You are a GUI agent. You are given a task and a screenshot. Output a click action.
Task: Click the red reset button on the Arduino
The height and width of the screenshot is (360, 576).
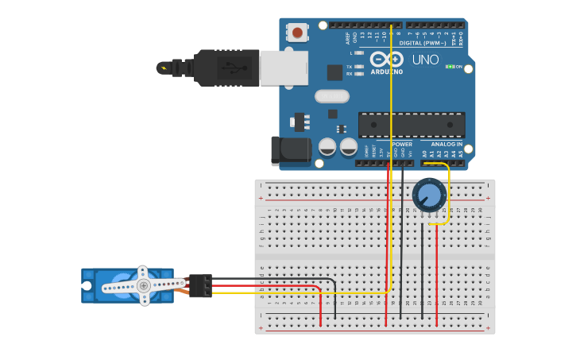pyautogui.click(x=297, y=33)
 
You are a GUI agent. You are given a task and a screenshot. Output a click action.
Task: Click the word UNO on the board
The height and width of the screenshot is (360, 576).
pyautogui.click(x=425, y=60)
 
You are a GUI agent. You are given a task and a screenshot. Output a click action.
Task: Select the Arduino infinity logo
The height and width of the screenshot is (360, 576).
pyautogui.click(x=387, y=60)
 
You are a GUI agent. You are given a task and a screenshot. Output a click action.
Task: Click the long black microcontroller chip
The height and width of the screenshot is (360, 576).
pyautogui.click(x=412, y=125)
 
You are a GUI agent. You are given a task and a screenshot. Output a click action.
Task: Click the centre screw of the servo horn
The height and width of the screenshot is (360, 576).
pyautogui.click(x=143, y=285)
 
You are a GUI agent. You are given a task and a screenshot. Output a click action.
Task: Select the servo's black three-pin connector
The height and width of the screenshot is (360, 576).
pyautogui.click(x=200, y=285)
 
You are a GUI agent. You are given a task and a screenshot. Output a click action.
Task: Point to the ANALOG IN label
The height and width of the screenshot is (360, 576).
pyautogui.click(x=448, y=144)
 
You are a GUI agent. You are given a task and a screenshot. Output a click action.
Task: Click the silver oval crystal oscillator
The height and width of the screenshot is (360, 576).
pyautogui.click(x=331, y=96)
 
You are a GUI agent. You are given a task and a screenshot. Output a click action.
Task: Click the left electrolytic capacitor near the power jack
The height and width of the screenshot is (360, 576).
pyautogui.click(x=327, y=147)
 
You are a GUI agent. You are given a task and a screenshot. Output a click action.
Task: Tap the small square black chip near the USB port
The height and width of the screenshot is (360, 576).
pyautogui.click(x=334, y=72)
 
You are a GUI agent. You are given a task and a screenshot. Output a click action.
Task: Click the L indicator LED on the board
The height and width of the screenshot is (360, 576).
pyautogui.click(x=359, y=53)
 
